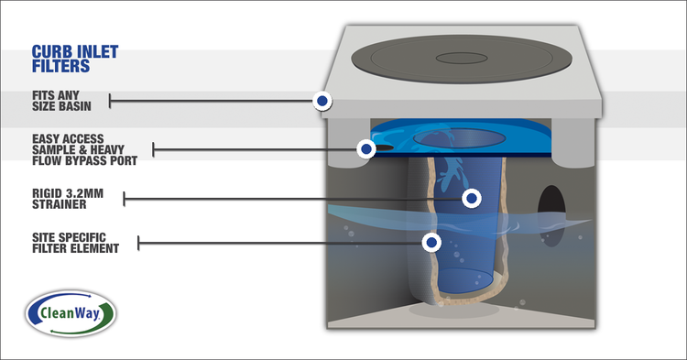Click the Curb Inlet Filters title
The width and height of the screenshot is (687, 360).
click(x=75, y=59)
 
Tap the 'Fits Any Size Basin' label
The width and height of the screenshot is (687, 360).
click(x=61, y=101)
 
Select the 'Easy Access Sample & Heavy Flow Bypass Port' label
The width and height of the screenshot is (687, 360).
click(x=84, y=150)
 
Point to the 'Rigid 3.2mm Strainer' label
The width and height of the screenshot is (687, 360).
click(x=68, y=199)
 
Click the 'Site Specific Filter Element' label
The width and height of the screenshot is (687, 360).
click(x=75, y=243)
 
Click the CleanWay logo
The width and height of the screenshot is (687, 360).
click(x=71, y=313)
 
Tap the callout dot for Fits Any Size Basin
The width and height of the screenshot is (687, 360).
click(x=322, y=101)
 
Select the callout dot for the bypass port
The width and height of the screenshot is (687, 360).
click(x=365, y=149)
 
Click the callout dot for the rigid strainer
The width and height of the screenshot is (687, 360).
click(x=472, y=199)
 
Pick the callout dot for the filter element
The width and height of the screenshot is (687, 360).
click(x=431, y=242)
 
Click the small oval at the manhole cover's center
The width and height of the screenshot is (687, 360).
click(x=462, y=58)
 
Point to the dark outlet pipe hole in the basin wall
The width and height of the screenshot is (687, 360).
click(x=551, y=215)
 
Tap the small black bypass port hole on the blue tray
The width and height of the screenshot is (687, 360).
click(x=383, y=147)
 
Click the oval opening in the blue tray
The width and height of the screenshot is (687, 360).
click(x=459, y=138)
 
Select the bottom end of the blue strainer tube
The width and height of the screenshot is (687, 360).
click(x=465, y=280)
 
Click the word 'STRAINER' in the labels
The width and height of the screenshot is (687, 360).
click(x=60, y=204)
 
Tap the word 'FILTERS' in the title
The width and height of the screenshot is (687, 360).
click(x=60, y=66)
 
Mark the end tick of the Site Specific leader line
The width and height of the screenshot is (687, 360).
click(x=138, y=243)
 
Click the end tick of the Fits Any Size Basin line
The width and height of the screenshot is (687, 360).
click(x=110, y=101)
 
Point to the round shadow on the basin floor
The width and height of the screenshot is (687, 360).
click(x=454, y=310)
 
